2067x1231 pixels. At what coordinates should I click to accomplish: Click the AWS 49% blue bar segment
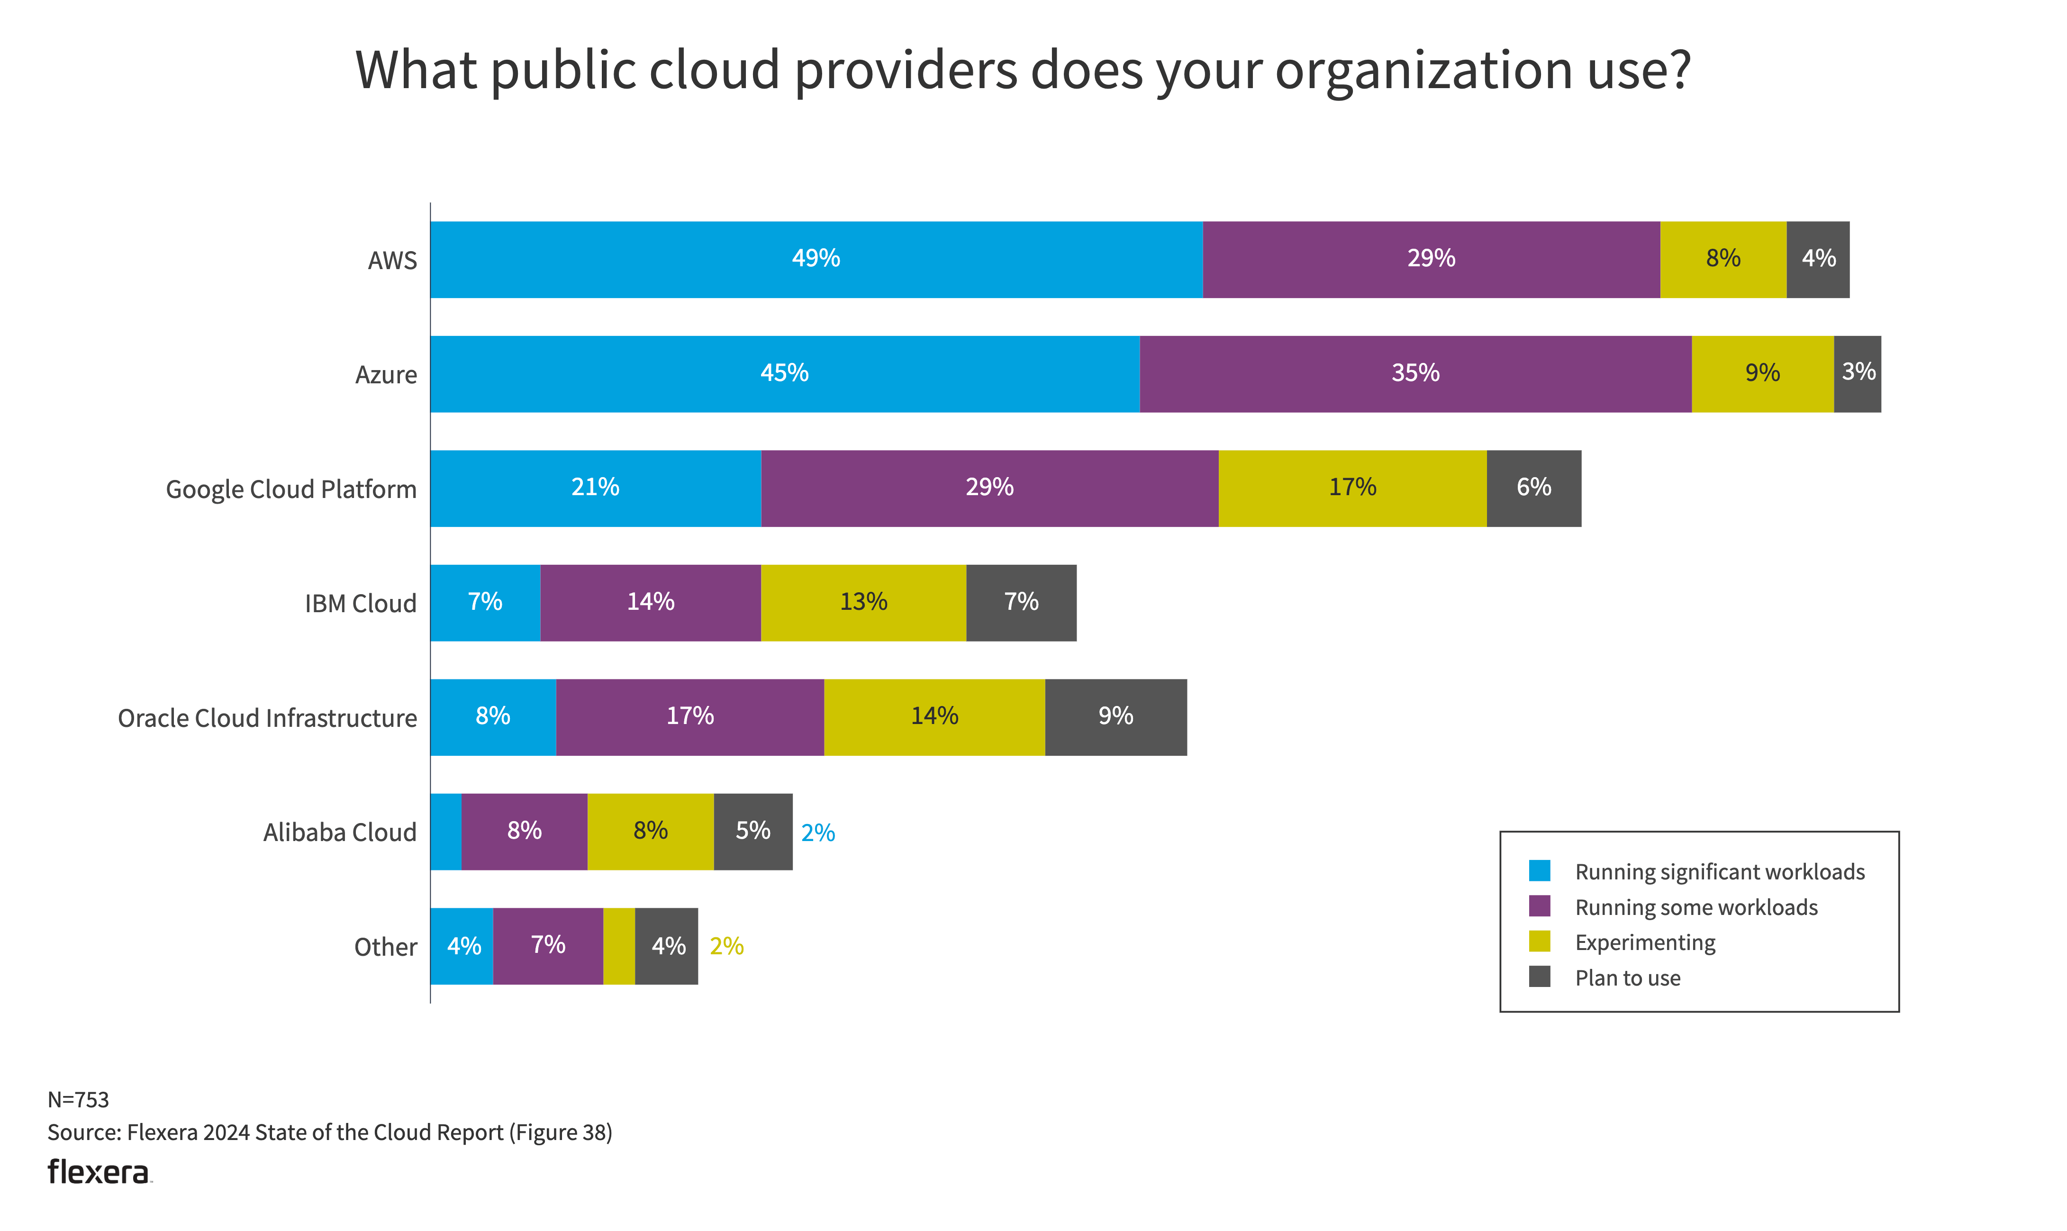816,260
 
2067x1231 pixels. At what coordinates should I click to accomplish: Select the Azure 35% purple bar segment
1415,374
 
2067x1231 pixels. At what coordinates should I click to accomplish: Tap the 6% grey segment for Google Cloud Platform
1533,489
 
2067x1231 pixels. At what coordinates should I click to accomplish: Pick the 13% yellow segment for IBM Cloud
863,603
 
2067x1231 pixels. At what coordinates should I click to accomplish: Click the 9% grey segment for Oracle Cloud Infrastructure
1115,717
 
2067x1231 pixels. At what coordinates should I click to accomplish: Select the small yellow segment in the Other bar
619,947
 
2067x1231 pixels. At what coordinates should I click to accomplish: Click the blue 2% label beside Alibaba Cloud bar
818,833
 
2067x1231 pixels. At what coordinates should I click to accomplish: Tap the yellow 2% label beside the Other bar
726,947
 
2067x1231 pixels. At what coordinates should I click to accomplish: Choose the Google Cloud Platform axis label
291,489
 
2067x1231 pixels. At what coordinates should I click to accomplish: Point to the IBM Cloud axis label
360,604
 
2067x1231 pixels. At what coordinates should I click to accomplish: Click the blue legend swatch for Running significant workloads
1540,871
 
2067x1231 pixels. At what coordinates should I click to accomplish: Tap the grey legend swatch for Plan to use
1540,977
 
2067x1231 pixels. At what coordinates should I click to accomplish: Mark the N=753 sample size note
78,1099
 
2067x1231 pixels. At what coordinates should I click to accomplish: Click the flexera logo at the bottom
99,1172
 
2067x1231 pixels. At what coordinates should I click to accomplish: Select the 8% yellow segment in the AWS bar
1723,260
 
